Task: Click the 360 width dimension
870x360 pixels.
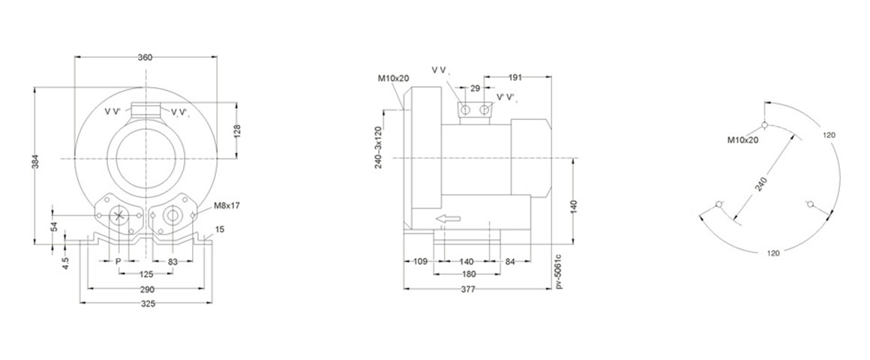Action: click(x=146, y=57)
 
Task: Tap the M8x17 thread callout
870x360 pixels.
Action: click(x=227, y=205)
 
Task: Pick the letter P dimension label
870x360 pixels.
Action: click(x=118, y=261)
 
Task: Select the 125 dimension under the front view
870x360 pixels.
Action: click(x=147, y=274)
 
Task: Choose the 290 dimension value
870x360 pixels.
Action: click(x=147, y=289)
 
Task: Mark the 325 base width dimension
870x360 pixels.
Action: click(x=147, y=304)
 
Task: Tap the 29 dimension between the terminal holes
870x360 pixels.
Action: click(x=475, y=88)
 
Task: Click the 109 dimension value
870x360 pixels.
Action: click(x=421, y=261)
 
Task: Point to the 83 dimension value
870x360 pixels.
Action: click(x=173, y=261)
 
